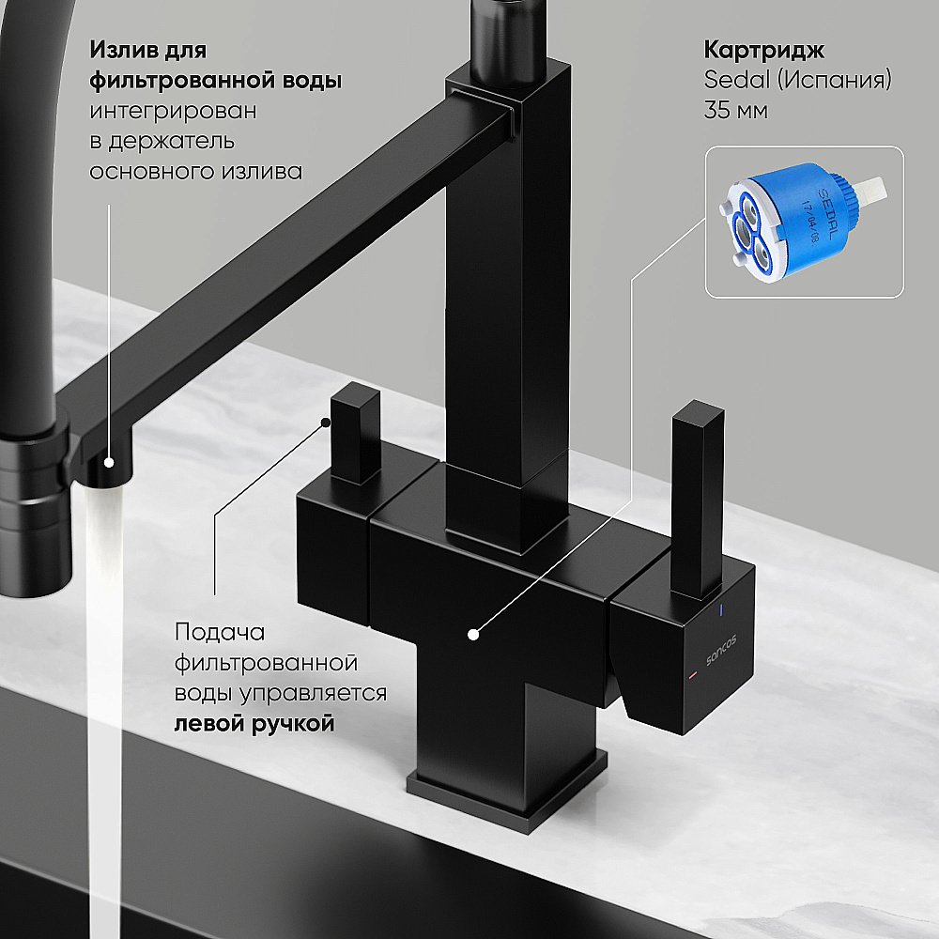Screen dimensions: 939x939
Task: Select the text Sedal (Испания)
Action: pos(797,80)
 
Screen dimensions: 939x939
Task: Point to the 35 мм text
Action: pos(735,110)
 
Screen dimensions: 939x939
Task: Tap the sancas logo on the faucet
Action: pos(720,647)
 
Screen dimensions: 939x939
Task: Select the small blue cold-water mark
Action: pos(721,612)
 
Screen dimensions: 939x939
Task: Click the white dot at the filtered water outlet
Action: pos(109,462)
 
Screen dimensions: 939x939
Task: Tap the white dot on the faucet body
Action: pos(474,635)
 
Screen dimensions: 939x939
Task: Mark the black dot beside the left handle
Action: pos(324,423)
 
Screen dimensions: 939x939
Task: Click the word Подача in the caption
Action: pos(221,632)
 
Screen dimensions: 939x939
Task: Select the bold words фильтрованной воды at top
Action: pos(215,80)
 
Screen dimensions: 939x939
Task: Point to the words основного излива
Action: pos(195,171)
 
